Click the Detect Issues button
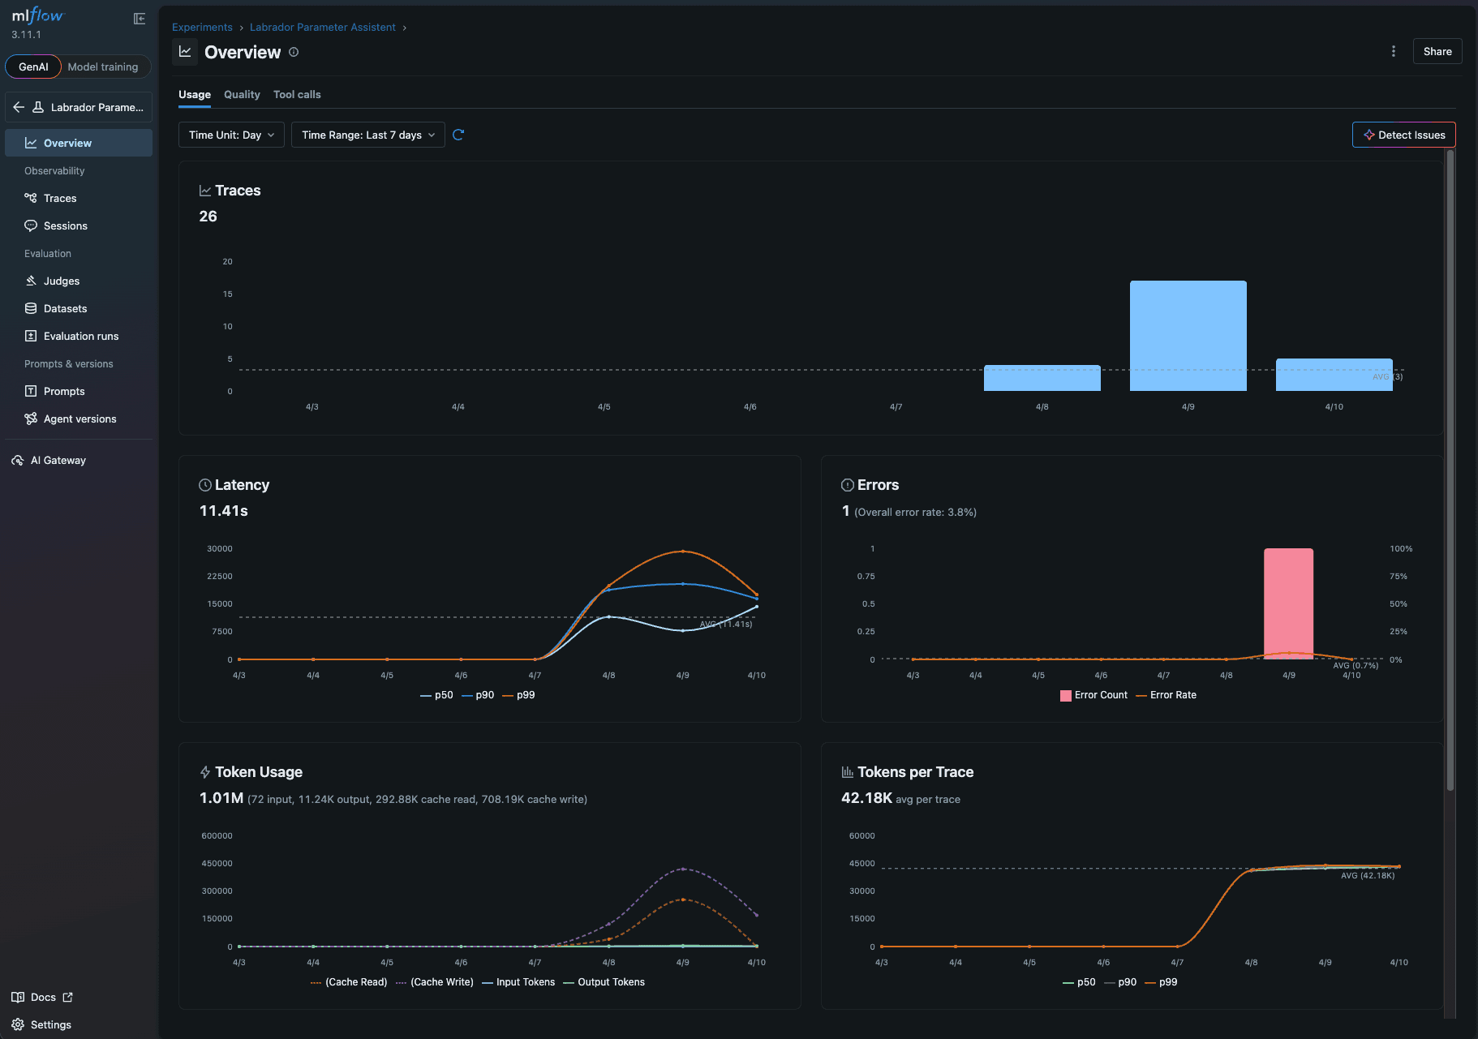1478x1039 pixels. (x=1403, y=135)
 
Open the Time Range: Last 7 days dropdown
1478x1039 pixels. (x=368, y=135)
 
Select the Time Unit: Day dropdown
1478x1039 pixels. (x=231, y=135)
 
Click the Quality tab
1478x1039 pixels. (x=242, y=95)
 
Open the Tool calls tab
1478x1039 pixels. (x=297, y=95)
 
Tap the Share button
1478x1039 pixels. (x=1437, y=51)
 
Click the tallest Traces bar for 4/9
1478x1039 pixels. (x=1188, y=336)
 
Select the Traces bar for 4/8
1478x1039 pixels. (x=1042, y=378)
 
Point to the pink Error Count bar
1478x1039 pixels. (x=1288, y=603)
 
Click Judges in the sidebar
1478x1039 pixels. (x=62, y=281)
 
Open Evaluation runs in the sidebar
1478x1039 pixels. (x=81, y=336)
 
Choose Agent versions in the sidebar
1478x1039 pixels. (x=79, y=419)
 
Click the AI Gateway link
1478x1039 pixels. (x=58, y=460)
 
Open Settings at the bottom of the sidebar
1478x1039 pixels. (x=50, y=1024)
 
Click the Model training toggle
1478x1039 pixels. (x=103, y=67)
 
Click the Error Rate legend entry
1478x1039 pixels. (x=1172, y=695)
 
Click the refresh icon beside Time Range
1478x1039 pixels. (x=458, y=135)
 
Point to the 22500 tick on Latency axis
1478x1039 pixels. (x=220, y=577)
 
